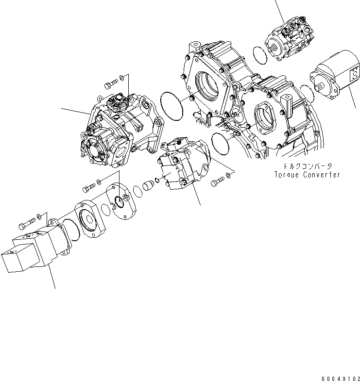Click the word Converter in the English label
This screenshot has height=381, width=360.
321,175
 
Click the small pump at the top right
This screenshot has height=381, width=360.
289,38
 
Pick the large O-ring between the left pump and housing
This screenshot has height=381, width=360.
170,105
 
